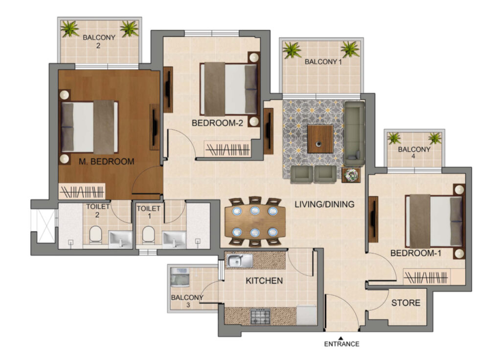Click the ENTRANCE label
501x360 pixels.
[x=342, y=344]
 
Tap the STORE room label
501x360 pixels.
[x=406, y=303]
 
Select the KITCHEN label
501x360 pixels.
[x=264, y=281]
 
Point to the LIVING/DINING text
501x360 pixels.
[x=324, y=204]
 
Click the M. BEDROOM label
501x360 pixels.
[x=106, y=162]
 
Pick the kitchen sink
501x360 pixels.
[x=239, y=261]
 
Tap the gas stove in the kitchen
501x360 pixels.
[x=260, y=317]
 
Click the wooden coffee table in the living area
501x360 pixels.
[x=320, y=139]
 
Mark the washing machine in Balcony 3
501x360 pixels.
[x=180, y=277]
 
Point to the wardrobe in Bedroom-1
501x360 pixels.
[x=426, y=277]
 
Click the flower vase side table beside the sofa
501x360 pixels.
[x=351, y=175]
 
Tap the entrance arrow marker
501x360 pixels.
[x=341, y=337]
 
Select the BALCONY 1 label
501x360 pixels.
[x=323, y=62]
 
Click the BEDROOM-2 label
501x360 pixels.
[x=217, y=123]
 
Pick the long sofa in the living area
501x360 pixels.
[x=354, y=133]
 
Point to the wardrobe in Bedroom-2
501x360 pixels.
[x=228, y=149]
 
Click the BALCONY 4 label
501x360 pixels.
[x=414, y=153]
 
